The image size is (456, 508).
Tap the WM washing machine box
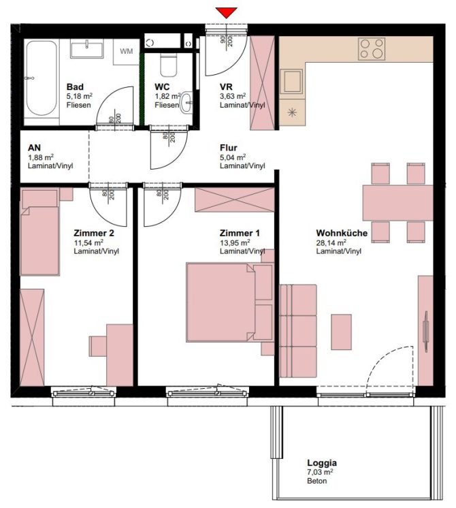(x=127, y=51)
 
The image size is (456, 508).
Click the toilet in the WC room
(x=167, y=67)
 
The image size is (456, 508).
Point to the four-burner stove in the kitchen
(x=372, y=48)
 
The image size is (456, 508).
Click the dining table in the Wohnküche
(x=397, y=202)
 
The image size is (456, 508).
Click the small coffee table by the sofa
(x=341, y=332)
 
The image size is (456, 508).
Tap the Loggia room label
(x=321, y=463)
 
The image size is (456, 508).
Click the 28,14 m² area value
(x=331, y=242)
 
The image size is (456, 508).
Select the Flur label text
(x=228, y=148)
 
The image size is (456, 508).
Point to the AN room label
(x=34, y=148)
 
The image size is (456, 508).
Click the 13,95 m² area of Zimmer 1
(x=235, y=242)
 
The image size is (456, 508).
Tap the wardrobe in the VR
(x=261, y=83)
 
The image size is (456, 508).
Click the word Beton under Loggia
(x=316, y=481)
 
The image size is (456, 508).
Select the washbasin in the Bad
(x=86, y=48)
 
